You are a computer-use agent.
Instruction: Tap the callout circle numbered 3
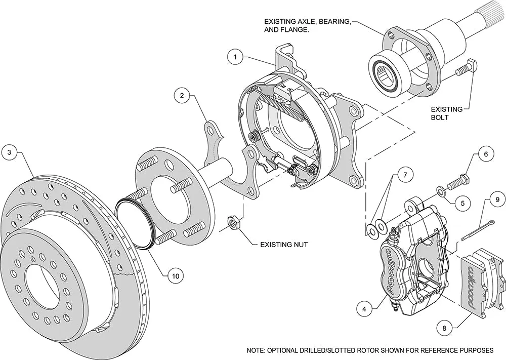point(10,152)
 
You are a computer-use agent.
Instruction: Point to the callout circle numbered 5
point(459,203)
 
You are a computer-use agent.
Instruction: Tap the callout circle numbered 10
point(175,276)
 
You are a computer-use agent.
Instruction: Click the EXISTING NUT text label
point(283,245)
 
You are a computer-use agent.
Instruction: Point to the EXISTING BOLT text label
point(447,113)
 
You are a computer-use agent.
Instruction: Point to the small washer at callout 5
point(441,190)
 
